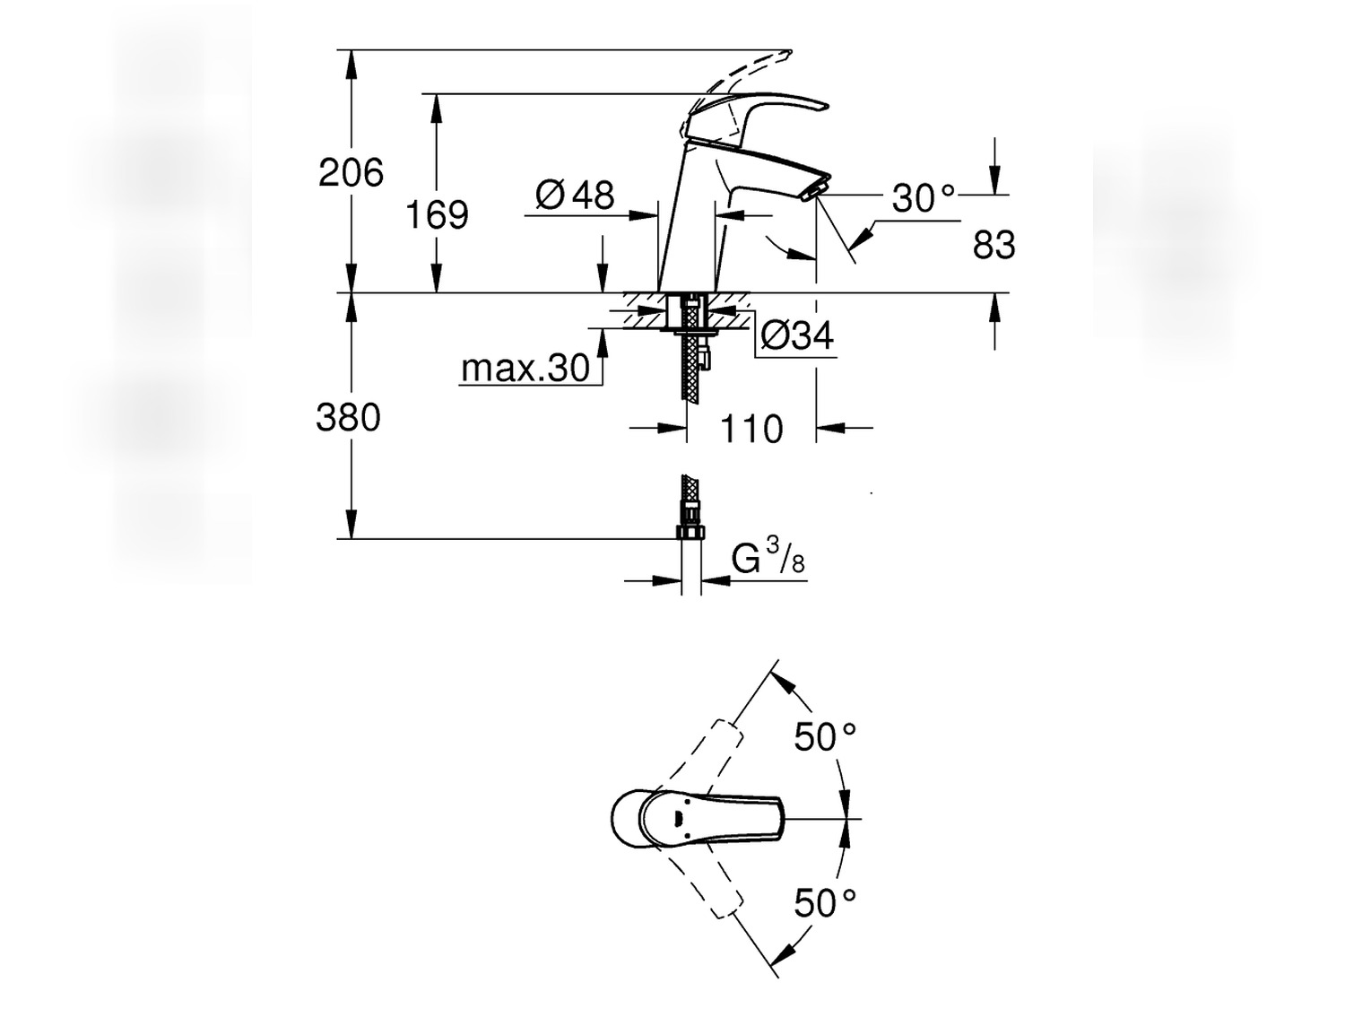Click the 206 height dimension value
(351, 172)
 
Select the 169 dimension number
(437, 215)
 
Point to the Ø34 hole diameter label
(796, 336)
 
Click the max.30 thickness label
(525, 368)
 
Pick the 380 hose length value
(348, 418)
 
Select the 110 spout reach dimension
(751, 430)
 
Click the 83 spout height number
(994, 246)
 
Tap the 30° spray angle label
(924, 198)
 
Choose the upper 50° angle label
(825, 737)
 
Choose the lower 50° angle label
(825, 902)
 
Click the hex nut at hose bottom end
(690, 533)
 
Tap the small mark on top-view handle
(677, 818)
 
